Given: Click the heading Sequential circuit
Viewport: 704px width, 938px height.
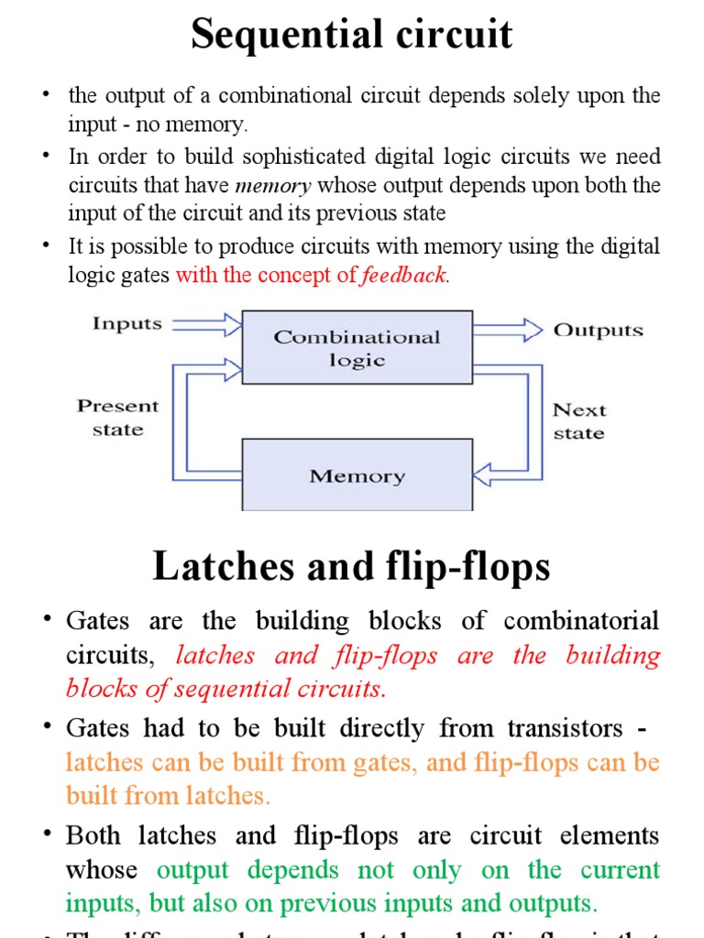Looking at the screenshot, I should (351, 35).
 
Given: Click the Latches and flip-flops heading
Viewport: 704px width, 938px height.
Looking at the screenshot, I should (351, 566).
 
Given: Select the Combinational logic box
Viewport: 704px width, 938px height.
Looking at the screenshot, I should (357, 347).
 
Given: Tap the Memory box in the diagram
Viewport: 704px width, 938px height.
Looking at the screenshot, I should (357, 475).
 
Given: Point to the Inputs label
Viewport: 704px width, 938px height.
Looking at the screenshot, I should (126, 323).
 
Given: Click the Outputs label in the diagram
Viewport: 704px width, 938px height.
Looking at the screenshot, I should (598, 330).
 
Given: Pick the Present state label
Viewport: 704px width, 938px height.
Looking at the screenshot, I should (117, 418).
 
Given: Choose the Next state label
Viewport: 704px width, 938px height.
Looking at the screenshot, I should (579, 421).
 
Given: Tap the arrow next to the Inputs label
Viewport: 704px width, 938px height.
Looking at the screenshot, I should (207, 323).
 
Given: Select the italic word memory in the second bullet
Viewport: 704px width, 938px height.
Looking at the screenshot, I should (273, 186).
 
